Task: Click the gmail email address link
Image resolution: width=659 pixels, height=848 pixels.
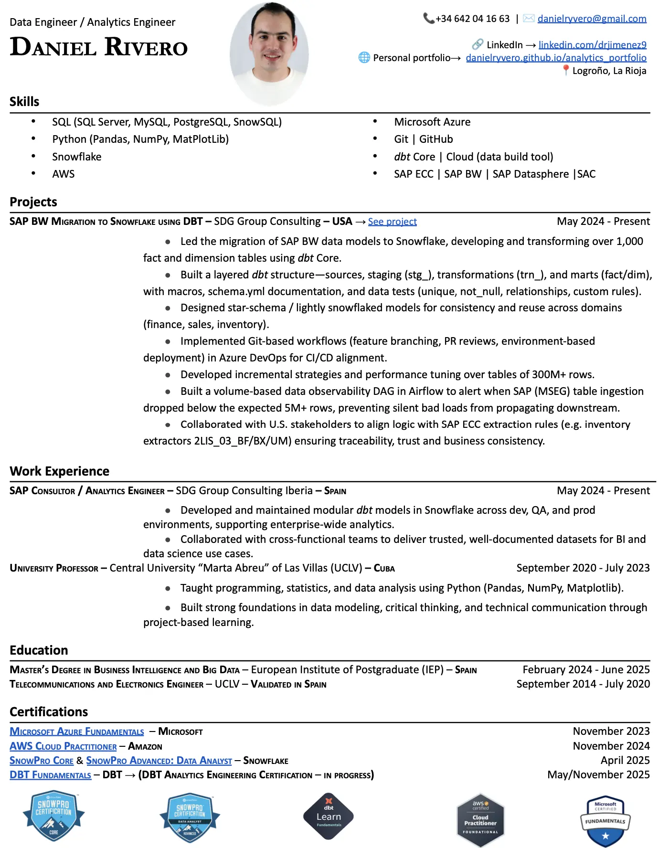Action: [592, 19]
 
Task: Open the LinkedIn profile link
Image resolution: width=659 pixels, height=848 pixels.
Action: [592, 45]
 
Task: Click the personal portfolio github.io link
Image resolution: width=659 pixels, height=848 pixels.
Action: [556, 58]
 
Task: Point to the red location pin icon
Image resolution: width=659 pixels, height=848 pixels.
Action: [566, 70]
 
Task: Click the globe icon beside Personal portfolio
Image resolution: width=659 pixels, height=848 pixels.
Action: [364, 58]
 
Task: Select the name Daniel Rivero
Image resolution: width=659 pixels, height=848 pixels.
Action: [99, 47]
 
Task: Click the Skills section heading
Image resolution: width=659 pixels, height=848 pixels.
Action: [24, 102]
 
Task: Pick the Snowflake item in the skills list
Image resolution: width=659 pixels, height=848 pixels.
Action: [76, 157]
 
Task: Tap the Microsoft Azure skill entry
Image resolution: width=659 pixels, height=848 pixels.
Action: [432, 122]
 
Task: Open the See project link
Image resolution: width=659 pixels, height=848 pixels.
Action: [392, 222]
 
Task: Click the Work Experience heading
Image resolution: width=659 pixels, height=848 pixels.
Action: [60, 471]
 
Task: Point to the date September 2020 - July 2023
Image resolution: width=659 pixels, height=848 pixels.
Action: [583, 568]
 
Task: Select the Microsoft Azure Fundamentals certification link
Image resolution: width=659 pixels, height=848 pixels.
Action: [77, 731]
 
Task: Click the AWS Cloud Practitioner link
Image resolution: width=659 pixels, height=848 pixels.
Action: [63, 746]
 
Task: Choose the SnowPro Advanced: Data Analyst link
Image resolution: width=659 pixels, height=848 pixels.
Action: [159, 761]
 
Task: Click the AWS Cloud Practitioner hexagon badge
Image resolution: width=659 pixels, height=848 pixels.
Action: [480, 819]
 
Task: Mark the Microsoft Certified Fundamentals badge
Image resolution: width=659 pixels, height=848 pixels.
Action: [605, 820]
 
